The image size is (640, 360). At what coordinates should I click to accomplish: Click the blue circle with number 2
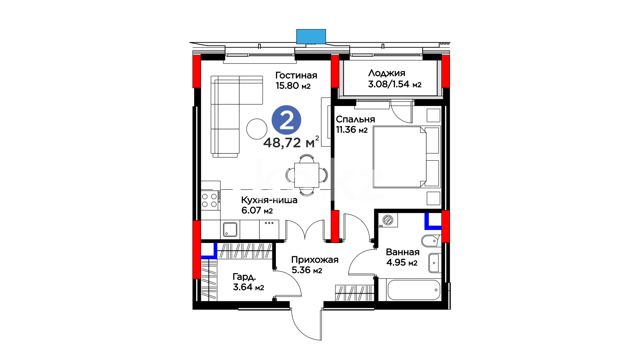(x=286, y=120)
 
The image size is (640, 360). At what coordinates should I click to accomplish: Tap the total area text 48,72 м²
(x=291, y=142)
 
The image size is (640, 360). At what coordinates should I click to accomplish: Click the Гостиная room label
(x=296, y=75)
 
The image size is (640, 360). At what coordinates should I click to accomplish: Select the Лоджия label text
(x=387, y=73)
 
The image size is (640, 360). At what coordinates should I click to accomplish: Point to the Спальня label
(x=355, y=119)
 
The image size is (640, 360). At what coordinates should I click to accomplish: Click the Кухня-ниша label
(x=269, y=200)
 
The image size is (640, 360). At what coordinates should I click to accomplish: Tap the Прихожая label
(x=315, y=260)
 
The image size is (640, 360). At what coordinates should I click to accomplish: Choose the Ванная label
(x=403, y=252)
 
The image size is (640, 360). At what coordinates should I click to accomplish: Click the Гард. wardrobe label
(x=244, y=277)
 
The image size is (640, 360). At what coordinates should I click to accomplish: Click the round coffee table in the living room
(x=257, y=129)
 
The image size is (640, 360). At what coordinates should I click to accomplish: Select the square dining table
(x=307, y=175)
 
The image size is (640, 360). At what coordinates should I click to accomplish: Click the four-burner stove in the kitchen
(x=210, y=200)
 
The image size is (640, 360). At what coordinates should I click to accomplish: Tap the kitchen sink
(x=230, y=229)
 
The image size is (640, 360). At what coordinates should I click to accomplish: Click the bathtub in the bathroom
(x=414, y=290)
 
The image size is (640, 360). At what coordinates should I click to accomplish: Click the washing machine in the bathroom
(x=388, y=220)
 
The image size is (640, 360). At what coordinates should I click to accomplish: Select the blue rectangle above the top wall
(x=311, y=36)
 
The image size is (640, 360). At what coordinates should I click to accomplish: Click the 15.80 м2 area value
(x=293, y=86)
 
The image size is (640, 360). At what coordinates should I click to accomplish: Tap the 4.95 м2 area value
(x=402, y=263)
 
